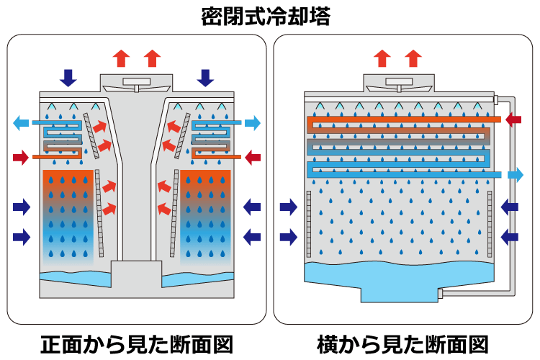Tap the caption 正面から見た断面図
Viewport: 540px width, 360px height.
point(136,343)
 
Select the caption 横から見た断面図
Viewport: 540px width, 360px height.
point(403,343)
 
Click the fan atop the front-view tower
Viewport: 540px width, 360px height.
point(136,82)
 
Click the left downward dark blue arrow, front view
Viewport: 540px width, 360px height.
point(68,77)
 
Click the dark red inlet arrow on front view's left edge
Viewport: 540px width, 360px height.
point(22,156)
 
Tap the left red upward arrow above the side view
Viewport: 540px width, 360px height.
point(382,58)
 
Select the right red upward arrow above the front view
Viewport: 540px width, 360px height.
point(152,58)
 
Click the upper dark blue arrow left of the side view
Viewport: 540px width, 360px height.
point(288,208)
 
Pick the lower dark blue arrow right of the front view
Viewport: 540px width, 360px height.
point(252,235)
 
